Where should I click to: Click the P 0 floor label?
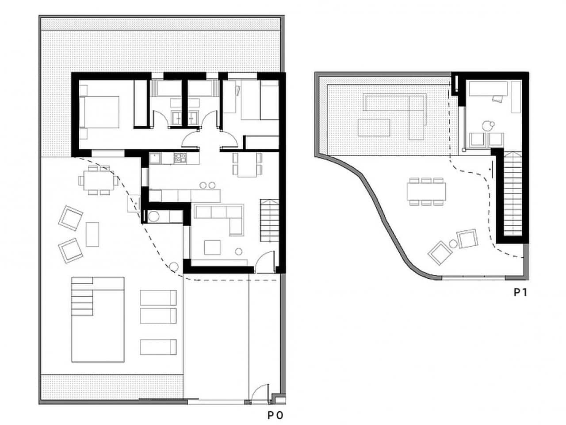[x=275, y=415]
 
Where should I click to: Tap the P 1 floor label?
[x=520, y=292]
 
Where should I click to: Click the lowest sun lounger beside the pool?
[x=158, y=347]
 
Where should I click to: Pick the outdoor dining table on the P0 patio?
[x=99, y=180]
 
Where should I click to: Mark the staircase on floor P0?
[x=269, y=220]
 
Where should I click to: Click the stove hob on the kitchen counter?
[x=180, y=157]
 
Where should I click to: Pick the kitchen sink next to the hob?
[x=155, y=157]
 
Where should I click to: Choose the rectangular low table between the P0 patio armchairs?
[x=92, y=234]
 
